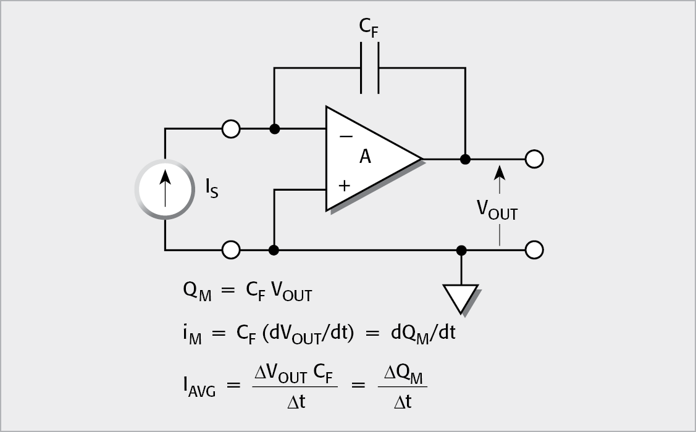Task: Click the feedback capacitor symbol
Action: [x=370, y=69]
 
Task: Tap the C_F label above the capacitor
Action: [x=369, y=28]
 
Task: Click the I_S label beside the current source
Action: [x=212, y=189]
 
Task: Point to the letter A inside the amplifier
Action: [x=365, y=157]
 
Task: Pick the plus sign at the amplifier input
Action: [x=345, y=185]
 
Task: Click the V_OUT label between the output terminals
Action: [x=497, y=210]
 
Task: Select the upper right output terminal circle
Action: [x=534, y=159]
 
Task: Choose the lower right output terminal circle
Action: [x=534, y=250]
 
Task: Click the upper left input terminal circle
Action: [x=231, y=129]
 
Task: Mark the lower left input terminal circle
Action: [x=231, y=250]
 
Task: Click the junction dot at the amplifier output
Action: [x=466, y=159]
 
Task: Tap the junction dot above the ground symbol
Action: [x=461, y=250]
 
